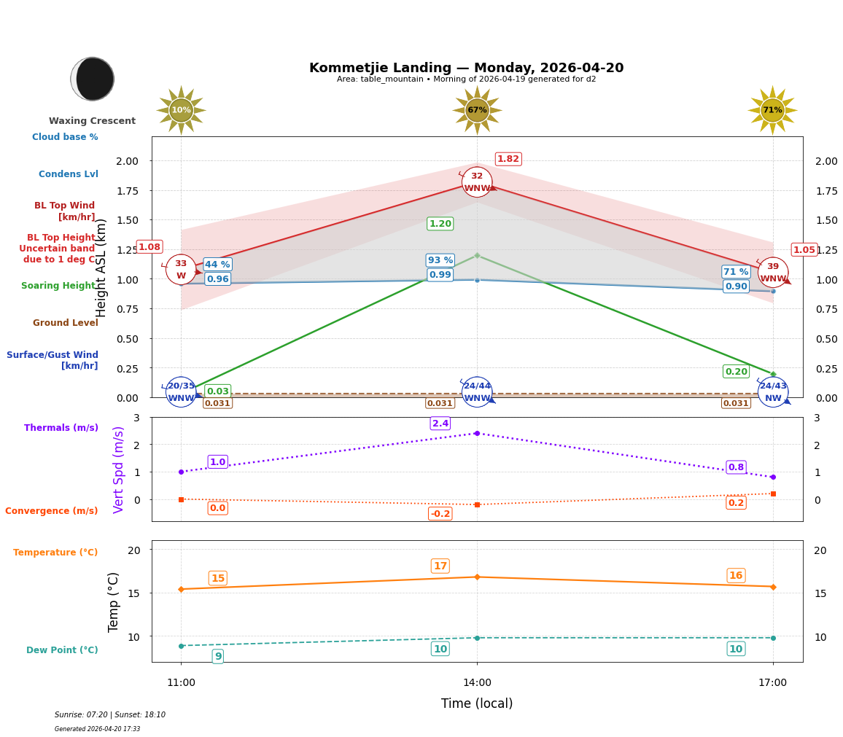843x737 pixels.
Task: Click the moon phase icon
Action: (93, 79)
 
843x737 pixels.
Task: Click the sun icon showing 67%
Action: (477, 110)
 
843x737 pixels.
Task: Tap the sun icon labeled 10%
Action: (181, 110)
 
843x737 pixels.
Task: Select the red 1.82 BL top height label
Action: (508, 159)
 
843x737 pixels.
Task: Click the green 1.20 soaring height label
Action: (440, 224)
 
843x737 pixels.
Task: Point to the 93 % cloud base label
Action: (440, 260)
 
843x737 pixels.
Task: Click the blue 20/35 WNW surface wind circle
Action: (181, 391)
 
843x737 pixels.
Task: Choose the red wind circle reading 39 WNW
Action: (773, 272)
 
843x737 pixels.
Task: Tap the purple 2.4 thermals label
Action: (440, 424)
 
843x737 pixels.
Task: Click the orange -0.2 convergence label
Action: (440, 514)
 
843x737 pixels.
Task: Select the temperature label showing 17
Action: (440, 566)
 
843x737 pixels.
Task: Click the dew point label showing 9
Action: (218, 657)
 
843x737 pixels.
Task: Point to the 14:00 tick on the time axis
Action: (477, 683)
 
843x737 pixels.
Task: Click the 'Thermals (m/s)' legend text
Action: (61, 428)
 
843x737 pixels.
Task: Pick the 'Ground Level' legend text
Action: (66, 323)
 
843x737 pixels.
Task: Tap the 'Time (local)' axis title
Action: (477, 703)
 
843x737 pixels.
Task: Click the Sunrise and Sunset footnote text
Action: (110, 715)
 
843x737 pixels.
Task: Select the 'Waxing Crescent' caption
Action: (93, 121)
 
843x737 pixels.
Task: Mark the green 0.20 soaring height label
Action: (736, 372)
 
